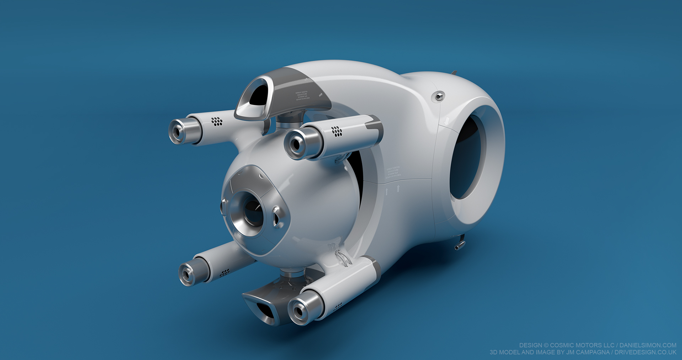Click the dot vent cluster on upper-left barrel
point(217,122)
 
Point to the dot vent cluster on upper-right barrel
point(337,131)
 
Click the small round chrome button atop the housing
point(439,96)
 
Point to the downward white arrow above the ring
point(447,121)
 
